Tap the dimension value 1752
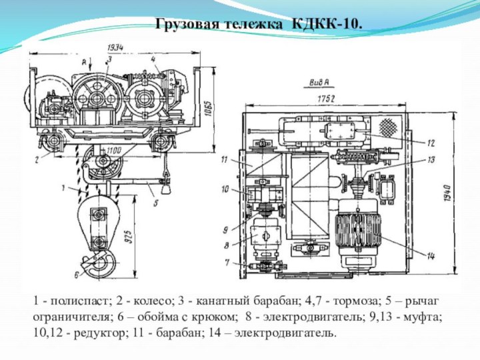326,99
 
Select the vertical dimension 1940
447,192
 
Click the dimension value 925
129,236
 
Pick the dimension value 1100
114,150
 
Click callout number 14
431,257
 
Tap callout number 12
431,143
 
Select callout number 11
225,159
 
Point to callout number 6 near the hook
76,275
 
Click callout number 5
155,203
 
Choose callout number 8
227,245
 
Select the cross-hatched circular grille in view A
388,127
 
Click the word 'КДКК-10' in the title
327,24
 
